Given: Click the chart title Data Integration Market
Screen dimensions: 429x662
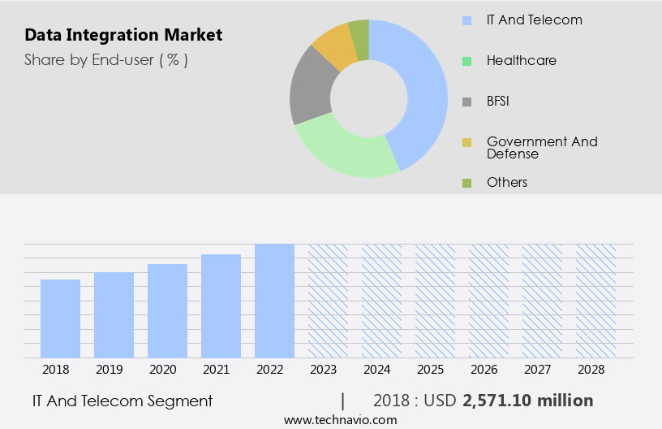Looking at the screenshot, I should click(123, 36).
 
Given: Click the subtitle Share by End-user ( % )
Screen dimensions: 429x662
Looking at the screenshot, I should click(105, 59).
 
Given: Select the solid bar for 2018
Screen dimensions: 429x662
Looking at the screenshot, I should click(60, 318).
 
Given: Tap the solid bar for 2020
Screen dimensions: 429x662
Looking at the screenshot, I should click(167, 310).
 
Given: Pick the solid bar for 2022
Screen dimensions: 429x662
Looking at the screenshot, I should click(274, 301).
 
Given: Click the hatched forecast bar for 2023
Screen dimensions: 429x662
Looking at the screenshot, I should click(328, 301).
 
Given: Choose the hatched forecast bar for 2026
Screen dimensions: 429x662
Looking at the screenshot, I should click(488, 301).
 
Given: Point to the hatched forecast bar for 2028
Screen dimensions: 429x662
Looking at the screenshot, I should click(595, 301).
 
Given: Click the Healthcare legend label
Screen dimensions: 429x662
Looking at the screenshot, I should click(521, 60).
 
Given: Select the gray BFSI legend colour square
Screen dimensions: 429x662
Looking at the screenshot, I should click(466, 102).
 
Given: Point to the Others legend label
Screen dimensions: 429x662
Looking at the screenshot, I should click(506, 182).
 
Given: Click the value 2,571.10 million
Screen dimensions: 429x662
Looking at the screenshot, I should click(527, 401).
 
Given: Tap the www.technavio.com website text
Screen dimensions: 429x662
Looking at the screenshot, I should click(340, 419).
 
